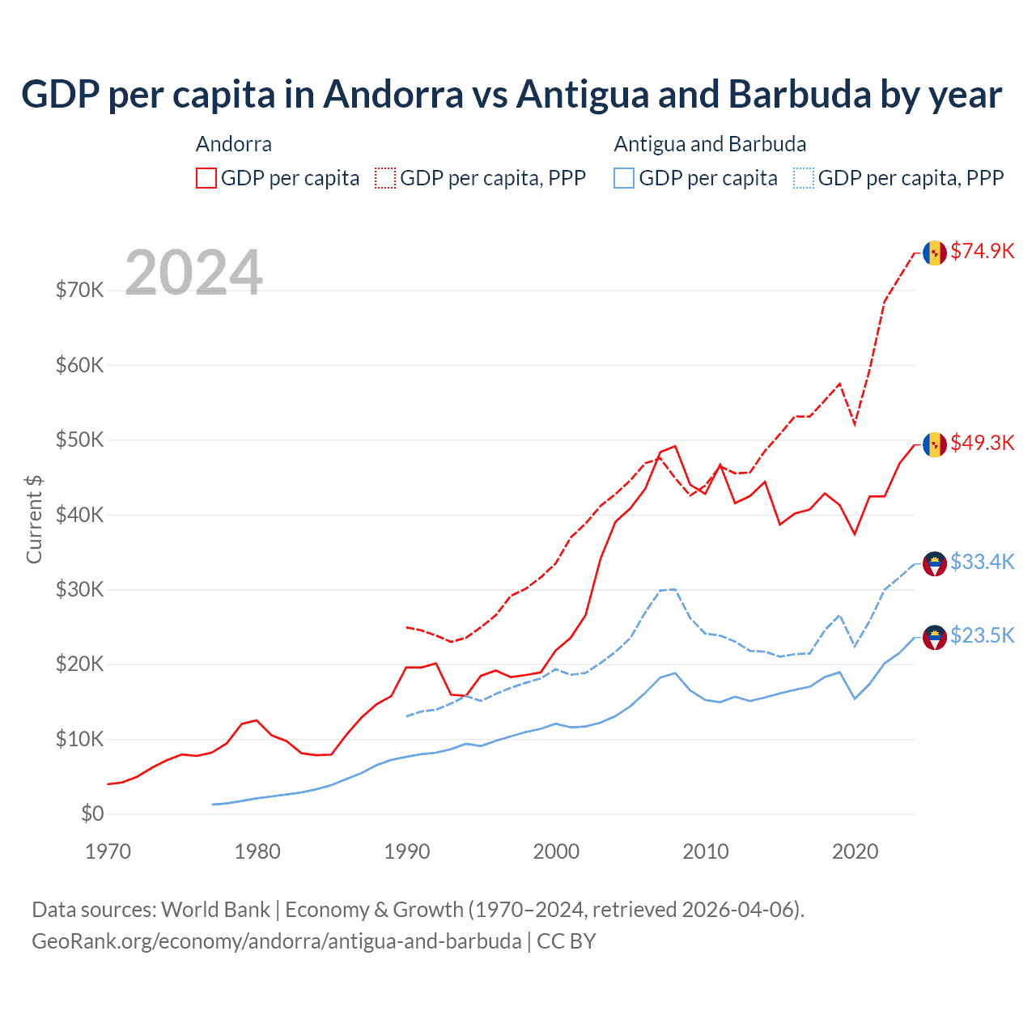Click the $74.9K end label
coord(982,252)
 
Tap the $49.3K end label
coord(982,444)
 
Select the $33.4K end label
coord(982,563)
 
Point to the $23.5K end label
coord(982,636)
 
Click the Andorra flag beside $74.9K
coord(935,253)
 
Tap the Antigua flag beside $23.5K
coord(935,638)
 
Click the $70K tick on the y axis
coord(79,290)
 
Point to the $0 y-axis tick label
coord(92,813)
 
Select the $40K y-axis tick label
coord(79,515)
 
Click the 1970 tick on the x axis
coord(108,851)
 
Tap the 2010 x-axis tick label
coord(705,851)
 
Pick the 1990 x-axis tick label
coord(406,851)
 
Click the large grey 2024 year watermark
coord(193,273)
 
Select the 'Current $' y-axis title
coord(34,520)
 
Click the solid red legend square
coord(206,178)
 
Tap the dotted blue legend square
coord(804,178)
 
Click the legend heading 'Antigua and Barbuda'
coord(710,144)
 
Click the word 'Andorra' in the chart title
coord(393,95)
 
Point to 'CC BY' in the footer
coord(567,941)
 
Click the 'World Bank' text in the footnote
coord(215,910)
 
